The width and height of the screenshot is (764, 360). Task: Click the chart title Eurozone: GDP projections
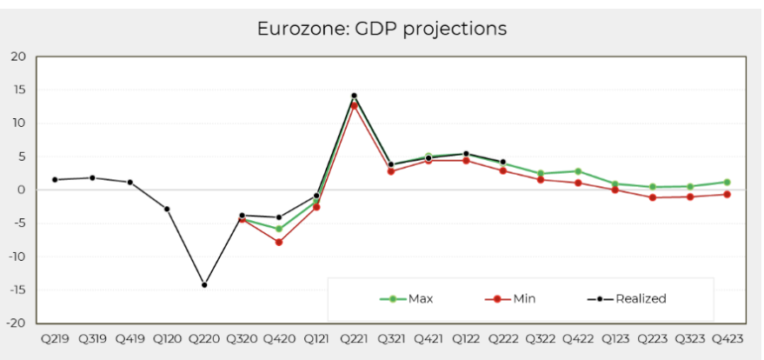coord(382,29)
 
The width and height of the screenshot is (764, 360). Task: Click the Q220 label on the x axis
coord(204,337)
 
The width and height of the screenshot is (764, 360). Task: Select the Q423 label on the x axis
coord(727,337)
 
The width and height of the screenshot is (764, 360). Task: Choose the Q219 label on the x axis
coord(54,337)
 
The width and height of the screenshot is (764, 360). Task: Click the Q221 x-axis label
coord(354,337)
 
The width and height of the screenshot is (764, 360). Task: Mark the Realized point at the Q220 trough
coord(204,284)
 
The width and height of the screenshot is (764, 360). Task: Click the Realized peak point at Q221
coord(354,96)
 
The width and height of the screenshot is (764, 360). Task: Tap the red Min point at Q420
coord(279,242)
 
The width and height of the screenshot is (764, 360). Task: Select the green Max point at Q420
coord(279,229)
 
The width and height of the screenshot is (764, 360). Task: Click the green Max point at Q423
coord(727,182)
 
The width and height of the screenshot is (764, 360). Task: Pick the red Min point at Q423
coord(727,194)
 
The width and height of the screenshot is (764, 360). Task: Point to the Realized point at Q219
coord(55,180)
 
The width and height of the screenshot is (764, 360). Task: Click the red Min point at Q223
coord(652,197)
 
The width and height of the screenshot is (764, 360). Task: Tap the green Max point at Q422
coord(577,171)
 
